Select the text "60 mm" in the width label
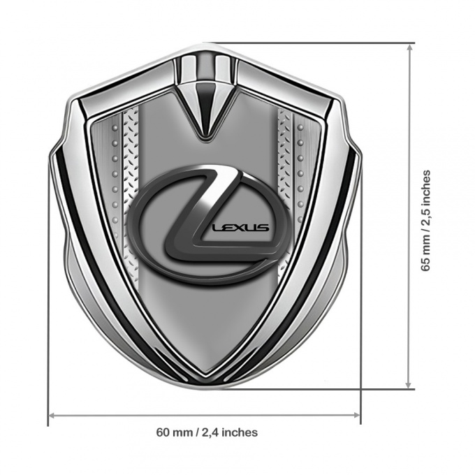[x=173, y=432]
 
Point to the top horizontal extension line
[x=314, y=43]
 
